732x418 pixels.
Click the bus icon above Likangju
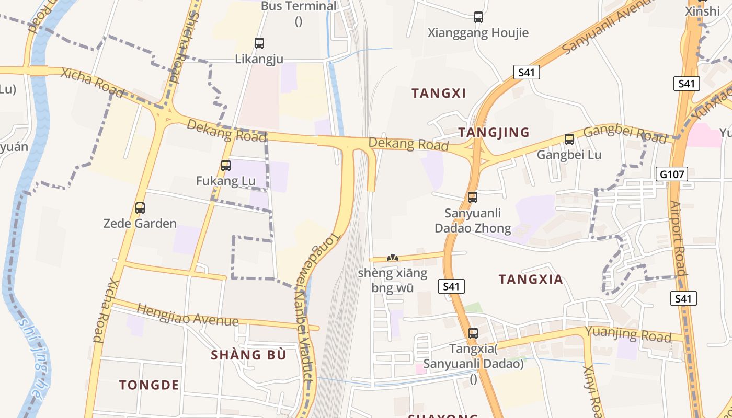click(259, 43)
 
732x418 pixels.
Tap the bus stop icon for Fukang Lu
click(226, 166)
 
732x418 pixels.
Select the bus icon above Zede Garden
click(140, 208)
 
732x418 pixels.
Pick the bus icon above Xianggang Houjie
click(478, 17)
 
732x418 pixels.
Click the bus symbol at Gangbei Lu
click(569, 140)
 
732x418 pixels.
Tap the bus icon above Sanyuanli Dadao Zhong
click(473, 198)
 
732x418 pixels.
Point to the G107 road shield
click(672, 174)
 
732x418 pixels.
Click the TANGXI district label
click(439, 93)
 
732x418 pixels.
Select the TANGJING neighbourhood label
click(494, 133)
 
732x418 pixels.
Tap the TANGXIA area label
click(531, 280)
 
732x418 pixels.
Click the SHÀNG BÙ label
click(248, 355)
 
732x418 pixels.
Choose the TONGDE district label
click(149, 385)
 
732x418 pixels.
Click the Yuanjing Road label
click(627, 334)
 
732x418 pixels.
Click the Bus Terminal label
click(299, 6)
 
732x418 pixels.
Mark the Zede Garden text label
click(140, 224)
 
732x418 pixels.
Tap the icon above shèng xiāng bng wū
click(393, 258)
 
